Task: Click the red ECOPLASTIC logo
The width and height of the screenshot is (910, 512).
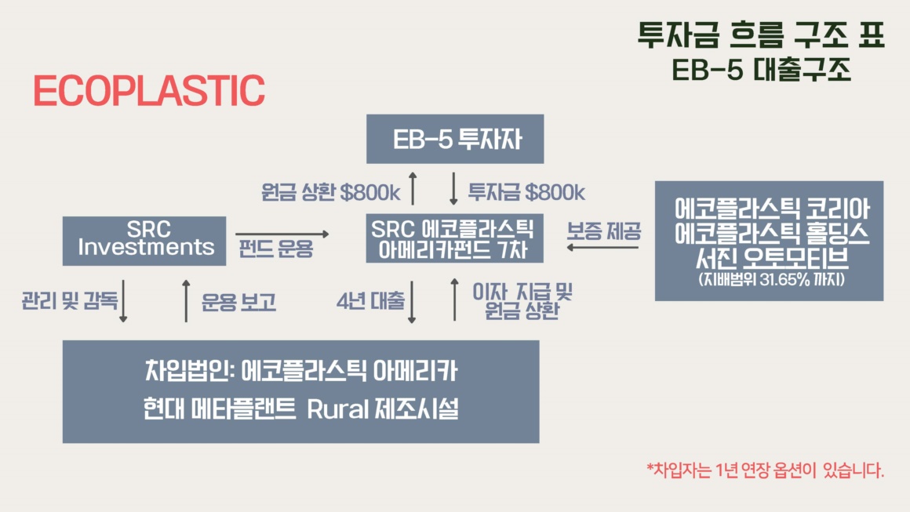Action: coord(149,90)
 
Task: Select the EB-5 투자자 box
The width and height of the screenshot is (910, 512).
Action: coord(455,139)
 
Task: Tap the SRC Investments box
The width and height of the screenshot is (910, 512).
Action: coord(144,241)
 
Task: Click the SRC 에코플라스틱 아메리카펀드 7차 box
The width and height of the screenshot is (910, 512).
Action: coord(455,238)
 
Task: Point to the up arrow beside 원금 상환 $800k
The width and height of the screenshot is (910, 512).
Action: coord(413,188)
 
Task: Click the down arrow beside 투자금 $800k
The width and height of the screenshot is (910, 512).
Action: coord(454,188)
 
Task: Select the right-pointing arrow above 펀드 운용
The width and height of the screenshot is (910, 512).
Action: coord(282,234)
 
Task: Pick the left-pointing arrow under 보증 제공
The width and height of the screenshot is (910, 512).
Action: coord(602,247)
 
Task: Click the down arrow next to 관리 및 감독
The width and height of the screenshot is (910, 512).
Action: coord(123,301)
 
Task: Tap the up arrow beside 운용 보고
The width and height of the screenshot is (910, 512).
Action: coord(186,301)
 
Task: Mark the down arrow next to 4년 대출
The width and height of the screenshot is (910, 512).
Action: coord(412,302)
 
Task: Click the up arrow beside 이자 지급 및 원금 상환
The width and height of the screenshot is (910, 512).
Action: coord(454,300)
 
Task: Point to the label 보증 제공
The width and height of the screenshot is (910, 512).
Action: coord(604,231)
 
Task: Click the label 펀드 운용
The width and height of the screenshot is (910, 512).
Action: coord(275,249)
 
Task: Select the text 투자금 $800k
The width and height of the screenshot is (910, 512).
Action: coord(526,192)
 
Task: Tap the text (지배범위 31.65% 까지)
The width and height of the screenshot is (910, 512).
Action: coord(771,279)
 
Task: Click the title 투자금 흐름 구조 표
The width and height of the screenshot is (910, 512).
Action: coord(761,34)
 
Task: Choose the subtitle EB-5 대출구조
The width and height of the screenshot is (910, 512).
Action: coord(762,70)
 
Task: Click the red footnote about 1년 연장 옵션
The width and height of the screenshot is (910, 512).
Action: coord(766,470)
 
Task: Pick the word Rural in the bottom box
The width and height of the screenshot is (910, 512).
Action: coord(337,409)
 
